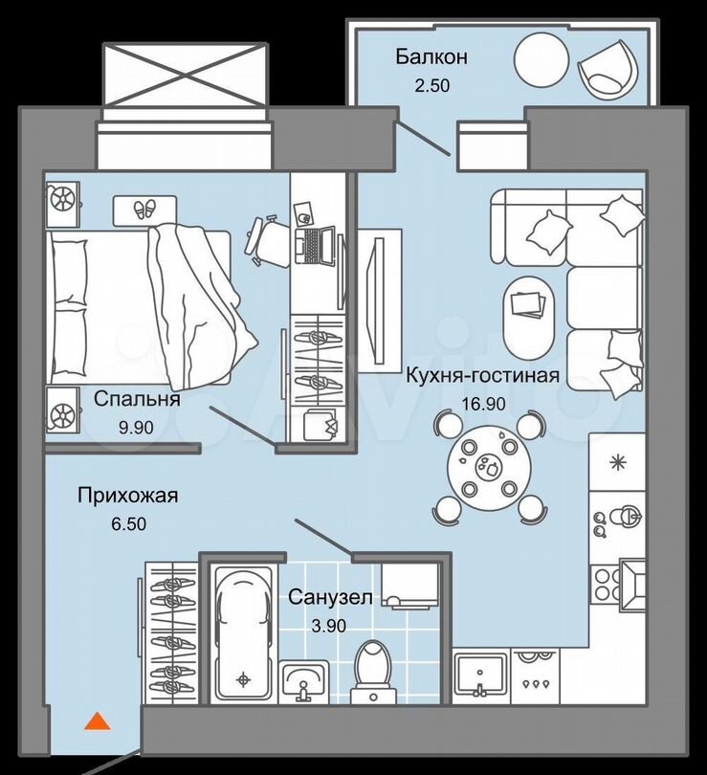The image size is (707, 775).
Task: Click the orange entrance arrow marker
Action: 98,721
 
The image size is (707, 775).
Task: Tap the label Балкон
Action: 431,57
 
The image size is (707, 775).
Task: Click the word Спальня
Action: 137,400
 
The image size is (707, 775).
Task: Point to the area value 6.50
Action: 127,523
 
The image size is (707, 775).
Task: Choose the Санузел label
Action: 330,598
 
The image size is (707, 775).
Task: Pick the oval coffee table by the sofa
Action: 527,313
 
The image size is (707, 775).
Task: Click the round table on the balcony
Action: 542,60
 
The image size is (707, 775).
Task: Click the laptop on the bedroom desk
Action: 315,244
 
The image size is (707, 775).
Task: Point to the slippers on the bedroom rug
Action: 145,209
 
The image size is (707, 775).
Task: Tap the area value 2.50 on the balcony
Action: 431,85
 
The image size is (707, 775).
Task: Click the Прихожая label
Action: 127,496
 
